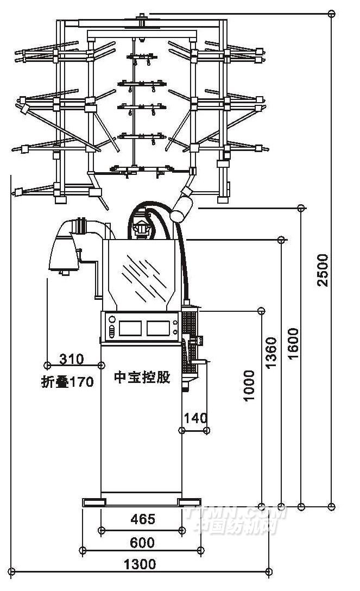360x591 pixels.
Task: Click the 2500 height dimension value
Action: click(x=323, y=269)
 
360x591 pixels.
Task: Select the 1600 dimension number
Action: click(x=293, y=343)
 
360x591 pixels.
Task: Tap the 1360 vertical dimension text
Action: click(x=271, y=352)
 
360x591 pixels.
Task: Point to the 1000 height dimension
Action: click(x=249, y=385)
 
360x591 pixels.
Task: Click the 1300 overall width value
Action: click(x=140, y=564)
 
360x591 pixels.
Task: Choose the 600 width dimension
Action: click(x=142, y=542)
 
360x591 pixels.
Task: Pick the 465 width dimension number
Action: click(x=143, y=520)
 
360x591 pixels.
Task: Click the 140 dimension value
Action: click(x=195, y=418)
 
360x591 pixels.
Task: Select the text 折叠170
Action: click(x=67, y=382)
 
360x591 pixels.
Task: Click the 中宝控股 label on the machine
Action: click(x=142, y=378)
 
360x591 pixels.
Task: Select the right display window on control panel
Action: click(x=158, y=328)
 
